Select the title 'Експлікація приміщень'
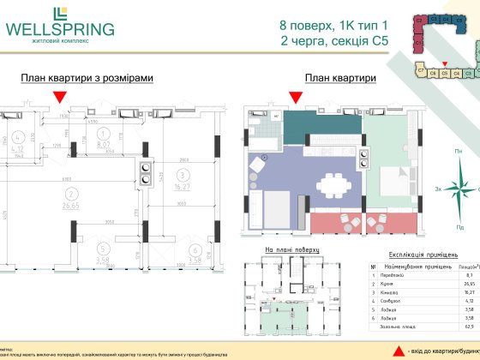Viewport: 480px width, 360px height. tap(420, 255)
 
